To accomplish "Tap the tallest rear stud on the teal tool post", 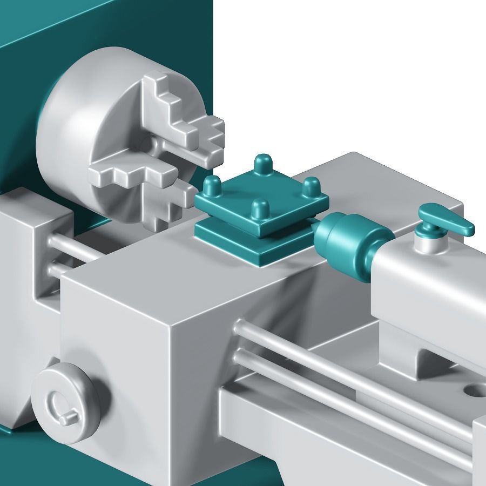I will (264, 164).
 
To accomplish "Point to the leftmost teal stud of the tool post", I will (212, 186).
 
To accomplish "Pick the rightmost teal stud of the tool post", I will (310, 187).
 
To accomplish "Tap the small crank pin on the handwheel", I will (67, 418).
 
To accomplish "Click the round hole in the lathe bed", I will (474, 389).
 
